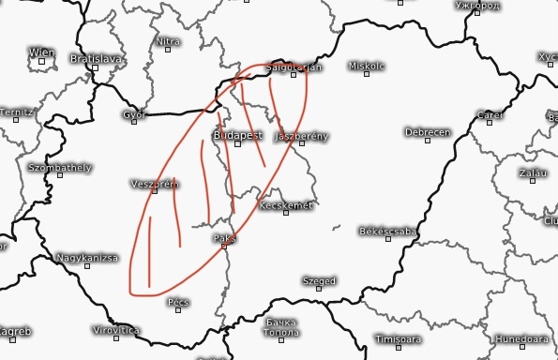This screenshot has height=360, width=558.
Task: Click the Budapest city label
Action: pos(236,136)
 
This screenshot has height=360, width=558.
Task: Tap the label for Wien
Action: pos(41,52)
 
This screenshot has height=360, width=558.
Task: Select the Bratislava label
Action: pos(96,58)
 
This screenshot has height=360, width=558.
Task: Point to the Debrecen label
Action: pos(428,132)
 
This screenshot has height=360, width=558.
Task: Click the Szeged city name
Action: pos(319,280)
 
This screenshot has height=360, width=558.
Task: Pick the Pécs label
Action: pos(178,303)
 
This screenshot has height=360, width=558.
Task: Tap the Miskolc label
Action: pos(367,67)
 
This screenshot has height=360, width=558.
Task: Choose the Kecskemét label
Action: pos(284,205)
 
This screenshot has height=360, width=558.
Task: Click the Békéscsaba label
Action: pos(387,231)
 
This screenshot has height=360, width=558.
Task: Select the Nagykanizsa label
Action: pos(87,257)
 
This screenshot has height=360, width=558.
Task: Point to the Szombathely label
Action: pos(60,168)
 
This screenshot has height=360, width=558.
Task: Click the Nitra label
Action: pos(168,41)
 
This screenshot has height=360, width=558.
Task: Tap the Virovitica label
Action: pos(116,331)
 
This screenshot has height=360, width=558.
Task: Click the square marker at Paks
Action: pos(225,247)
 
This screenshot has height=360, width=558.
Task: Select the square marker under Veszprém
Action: pos(155,192)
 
